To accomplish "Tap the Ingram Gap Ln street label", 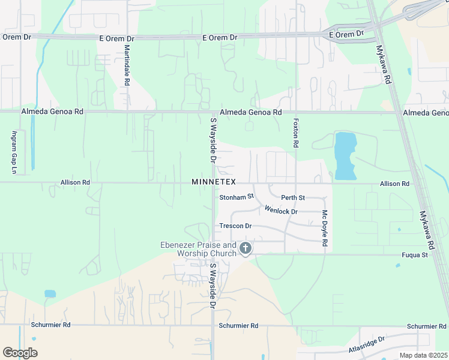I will click(x=13, y=152).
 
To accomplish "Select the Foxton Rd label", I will click(x=295, y=133).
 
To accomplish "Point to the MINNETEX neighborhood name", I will click(x=214, y=182).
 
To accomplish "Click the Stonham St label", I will click(x=237, y=196).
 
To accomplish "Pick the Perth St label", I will click(x=293, y=197).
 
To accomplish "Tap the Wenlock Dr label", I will click(x=281, y=211).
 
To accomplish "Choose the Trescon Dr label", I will click(x=235, y=226).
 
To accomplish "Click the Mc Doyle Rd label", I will click(x=325, y=229).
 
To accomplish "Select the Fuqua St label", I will click(x=415, y=255).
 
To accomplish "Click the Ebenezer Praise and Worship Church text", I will click(x=198, y=249).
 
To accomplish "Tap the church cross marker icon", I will click(x=245, y=248).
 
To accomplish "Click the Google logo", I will click(x=20, y=352).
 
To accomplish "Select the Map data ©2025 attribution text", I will click(x=424, y=355).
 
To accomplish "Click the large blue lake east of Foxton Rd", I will click(x=345, y=155).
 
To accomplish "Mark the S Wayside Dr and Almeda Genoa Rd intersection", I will click(x=214, y=112).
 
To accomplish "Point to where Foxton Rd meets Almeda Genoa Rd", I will click(x=296, y=112).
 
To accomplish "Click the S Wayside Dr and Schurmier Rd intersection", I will click(x=214, y=326).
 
